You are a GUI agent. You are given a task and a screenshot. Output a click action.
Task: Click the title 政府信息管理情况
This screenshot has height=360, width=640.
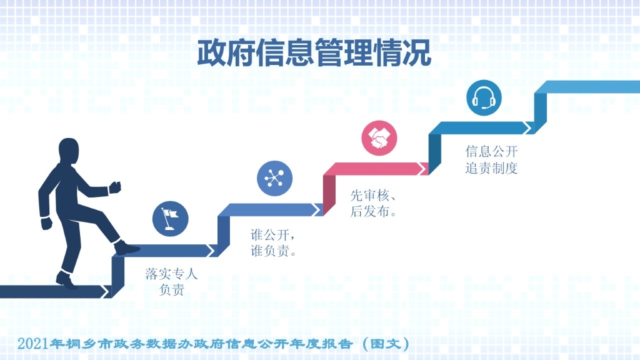point(314,53)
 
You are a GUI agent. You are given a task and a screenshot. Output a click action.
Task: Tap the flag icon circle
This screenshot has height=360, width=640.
point(170,219)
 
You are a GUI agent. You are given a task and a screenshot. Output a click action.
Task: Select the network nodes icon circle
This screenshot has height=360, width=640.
point(275,178)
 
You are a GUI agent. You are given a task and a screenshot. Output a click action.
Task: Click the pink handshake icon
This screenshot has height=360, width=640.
point(379,138)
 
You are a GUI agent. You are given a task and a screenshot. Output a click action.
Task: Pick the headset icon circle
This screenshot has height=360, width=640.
point(484,98)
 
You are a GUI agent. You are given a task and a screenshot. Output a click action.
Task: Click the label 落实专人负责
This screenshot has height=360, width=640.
point(171,282)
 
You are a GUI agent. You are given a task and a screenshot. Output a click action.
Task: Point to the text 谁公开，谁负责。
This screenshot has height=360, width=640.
point(273,242)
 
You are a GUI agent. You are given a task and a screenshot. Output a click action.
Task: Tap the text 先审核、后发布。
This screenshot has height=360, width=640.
point(374,203)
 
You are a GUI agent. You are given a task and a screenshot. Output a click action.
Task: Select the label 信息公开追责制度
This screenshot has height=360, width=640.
point(491,159)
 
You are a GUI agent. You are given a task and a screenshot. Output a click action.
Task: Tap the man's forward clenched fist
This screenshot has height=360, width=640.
point(115,187)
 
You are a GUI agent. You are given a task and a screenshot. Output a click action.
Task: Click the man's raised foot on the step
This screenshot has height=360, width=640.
point(126,247)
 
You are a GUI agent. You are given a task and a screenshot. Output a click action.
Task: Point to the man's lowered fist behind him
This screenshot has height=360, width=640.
point(46,224)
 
